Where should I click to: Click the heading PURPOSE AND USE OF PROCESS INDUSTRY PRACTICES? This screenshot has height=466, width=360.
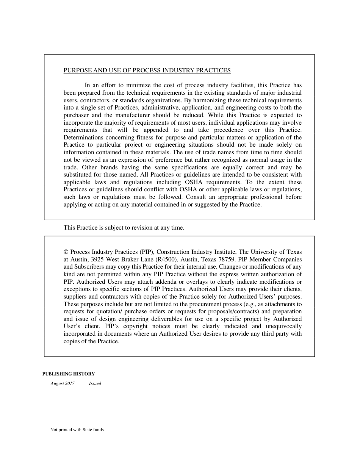click(147, 70)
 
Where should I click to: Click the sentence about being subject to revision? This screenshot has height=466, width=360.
click(124, 228)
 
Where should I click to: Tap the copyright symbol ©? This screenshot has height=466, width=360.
click(66, 252)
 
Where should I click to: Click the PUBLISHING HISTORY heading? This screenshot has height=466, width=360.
click(69, 374)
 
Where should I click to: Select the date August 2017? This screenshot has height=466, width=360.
click(63, 383)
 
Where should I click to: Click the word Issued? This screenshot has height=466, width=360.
click(95, 383)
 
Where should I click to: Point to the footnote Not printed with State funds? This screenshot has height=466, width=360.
click(77, 430)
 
